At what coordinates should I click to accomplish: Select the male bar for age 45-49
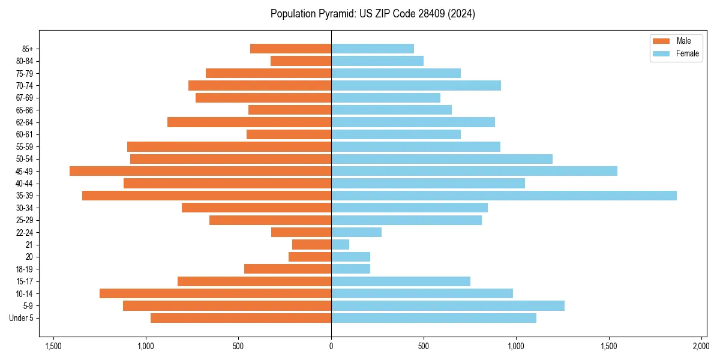click(x=200, y=171)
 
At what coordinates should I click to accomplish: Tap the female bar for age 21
click(x=340, y=244)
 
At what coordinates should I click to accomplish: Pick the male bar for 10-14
click(x=215, y=293)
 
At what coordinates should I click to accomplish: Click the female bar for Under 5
click(x=434, y=318)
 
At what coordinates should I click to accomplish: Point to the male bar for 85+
click(x=290, y=49)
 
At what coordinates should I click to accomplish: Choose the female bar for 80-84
click(x=377, y=61)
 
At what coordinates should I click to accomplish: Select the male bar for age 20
click(x=310, y=257)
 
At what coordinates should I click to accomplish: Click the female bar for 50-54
click(x=442, y=159)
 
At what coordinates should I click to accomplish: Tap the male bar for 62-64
click(x=249, y=122)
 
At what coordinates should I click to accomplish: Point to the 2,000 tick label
click(x=701, y=346)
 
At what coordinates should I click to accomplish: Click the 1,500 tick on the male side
click(x=53, y=346)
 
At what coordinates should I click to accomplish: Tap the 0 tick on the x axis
click(x=331, y=346)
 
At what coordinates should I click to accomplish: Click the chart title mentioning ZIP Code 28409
click(x=373, y=14)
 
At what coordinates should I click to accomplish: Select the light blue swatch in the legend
click(x=661, y=53)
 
